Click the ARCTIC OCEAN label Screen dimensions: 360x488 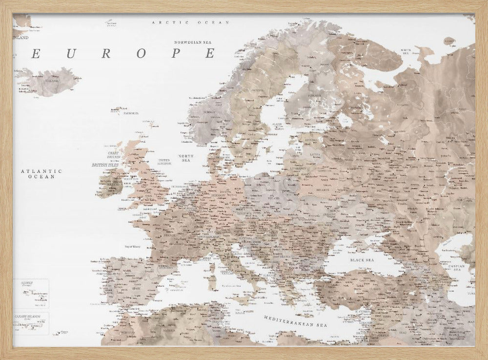184,22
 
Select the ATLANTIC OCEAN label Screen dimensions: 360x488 41,174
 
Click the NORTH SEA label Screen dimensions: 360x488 186,158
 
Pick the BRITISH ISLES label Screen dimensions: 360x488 105,165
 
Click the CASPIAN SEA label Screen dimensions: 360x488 458,268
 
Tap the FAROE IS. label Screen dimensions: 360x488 130,113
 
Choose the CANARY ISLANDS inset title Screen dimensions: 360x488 26,316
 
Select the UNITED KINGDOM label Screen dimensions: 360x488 163,162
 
